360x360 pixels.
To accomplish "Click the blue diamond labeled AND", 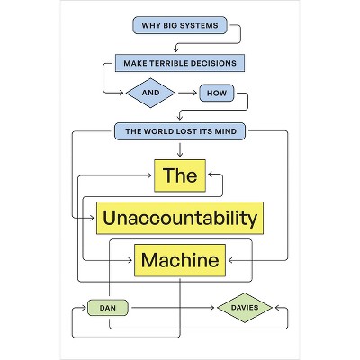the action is (x=150, y=93).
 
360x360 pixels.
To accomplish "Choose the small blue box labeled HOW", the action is (x=217, y=93).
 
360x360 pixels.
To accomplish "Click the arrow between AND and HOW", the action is (x=188, y=93).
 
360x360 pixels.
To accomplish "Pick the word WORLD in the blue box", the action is (x=158, y=131).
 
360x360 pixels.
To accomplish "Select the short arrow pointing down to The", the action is (x=180, y=149).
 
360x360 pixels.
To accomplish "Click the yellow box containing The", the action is (x=180, y=175).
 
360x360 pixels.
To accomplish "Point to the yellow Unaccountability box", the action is (x=180, y=218).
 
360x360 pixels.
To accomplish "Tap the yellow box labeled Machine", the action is (x=180, y=260).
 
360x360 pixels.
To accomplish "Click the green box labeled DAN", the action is (x=108, y=308).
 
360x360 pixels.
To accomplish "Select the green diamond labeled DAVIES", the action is (x=245, y=308).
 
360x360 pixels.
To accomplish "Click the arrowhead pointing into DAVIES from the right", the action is (x=277, y=308).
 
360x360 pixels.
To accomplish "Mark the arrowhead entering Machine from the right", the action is (x=230, y=260).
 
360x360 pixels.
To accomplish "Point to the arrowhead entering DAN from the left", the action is (x=84, y=308).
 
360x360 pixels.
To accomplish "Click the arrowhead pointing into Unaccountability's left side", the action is (x=92, y=218).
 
